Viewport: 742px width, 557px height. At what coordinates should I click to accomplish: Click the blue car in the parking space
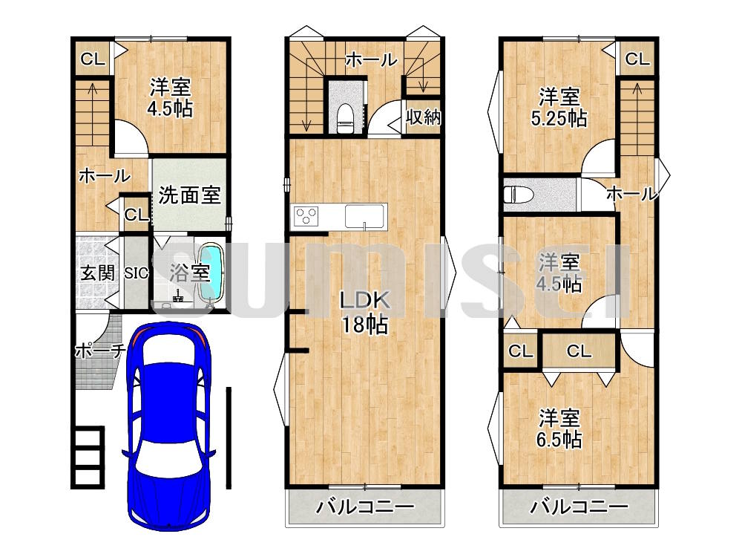click(168, 426)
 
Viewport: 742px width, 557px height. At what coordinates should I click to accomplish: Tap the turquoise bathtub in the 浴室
click(211, 273)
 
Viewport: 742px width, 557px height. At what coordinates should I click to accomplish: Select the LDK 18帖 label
click(365, 313)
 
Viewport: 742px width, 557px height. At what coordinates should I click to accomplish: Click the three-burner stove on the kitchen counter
click(306, 217)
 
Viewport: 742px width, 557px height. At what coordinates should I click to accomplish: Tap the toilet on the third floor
click(519, 195)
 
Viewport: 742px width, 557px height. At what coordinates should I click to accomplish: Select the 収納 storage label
click(424, 117)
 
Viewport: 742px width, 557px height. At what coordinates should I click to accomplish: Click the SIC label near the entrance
click(137, 273)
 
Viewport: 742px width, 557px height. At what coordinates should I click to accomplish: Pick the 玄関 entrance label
click(97, 273)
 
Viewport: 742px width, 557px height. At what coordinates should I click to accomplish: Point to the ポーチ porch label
click(100, 351)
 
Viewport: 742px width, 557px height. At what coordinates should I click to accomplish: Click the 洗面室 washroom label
click(189, 195)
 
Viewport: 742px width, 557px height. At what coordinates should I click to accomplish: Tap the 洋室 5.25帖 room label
click(559, 108)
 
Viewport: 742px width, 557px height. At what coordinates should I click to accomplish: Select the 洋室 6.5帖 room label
click(559, 429)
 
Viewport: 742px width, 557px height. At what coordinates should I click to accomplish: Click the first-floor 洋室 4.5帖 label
click(170, 97)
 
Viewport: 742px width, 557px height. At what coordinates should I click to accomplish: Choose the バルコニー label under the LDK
click(365, 507)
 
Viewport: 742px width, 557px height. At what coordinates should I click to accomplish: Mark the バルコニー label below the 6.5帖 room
click(579, 507)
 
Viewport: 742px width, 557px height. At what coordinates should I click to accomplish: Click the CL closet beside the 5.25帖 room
click(637, 59)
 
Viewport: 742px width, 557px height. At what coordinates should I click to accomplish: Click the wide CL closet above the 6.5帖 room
click(580, 351)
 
